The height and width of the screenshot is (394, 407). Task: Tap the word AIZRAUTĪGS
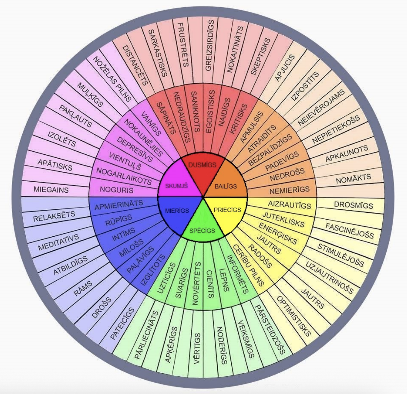[289, 205]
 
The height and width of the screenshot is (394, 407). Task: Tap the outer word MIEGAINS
[51, 190]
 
